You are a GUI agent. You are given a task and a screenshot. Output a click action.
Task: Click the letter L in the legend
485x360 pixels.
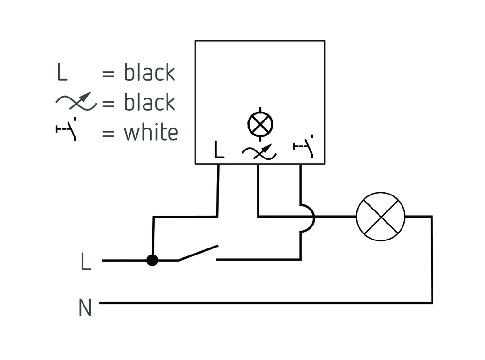click(62, 73)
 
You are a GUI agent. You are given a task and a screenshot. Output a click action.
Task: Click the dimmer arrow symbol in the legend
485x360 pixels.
click(76, 102)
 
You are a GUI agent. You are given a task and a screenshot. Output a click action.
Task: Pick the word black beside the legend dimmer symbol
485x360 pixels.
click(150, 102)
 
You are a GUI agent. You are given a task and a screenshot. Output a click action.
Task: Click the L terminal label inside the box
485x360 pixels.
click(219, 150)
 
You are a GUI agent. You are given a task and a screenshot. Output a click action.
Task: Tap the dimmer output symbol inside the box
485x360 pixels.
click(259, 151)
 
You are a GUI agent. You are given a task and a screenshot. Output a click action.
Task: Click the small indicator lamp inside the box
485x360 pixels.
click(260, 124)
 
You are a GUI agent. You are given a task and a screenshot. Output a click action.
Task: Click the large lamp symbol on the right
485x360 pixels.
click(380, 217)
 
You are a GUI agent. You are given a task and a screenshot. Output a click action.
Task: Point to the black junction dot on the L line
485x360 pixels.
click(152, 260)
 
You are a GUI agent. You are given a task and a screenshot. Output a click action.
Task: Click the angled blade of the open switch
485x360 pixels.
click(198, 253)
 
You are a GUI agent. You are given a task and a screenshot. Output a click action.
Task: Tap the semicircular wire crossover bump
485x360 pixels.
click(308, 217)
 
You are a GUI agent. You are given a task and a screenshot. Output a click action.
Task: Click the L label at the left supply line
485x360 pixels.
click(85, 261)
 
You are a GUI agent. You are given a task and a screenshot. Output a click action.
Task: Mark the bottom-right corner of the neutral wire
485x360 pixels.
click(432, 303)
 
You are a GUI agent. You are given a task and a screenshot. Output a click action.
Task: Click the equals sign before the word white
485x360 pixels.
click(108, 133)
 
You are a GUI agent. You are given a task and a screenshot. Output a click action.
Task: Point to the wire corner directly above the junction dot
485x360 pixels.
click(153, 217)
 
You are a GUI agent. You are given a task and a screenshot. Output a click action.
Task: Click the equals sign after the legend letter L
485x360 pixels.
click(108, 74)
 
